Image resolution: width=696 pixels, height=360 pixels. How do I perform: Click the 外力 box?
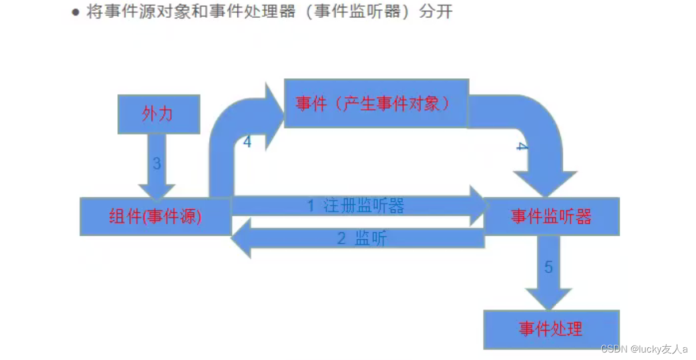[x=158, y=114]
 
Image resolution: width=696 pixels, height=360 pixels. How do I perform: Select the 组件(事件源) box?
[x=155, y=216]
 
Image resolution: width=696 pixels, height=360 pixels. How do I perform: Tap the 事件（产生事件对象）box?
[x=376, y=104]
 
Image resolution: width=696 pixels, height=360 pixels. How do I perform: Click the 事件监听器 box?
[x=551, y=216]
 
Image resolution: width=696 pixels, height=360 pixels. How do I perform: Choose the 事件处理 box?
[x=551, y=329]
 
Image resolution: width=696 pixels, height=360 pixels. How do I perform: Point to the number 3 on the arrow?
[x=157, y=163]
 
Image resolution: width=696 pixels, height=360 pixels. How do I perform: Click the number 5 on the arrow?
[x=549, y=267]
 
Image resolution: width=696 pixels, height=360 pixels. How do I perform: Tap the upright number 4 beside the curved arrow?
[x=247, y=141]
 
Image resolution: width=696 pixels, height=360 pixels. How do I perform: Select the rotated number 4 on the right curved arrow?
[x=521, y=147]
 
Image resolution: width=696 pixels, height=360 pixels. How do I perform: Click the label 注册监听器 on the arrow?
[x=364, y=206]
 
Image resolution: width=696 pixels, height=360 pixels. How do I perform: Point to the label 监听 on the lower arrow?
[x=371, y=239]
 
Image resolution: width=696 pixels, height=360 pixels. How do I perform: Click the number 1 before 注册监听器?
[x=310, y=206]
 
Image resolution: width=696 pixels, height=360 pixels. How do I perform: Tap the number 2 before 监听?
[x=341, y=239]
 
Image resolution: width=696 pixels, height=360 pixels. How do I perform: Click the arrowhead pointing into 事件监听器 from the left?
[x=478, y=206]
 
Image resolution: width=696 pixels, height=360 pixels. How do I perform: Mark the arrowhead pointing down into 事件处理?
[x=549, y=299]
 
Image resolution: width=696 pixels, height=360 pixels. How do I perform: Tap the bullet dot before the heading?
[x=75, y=13]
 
